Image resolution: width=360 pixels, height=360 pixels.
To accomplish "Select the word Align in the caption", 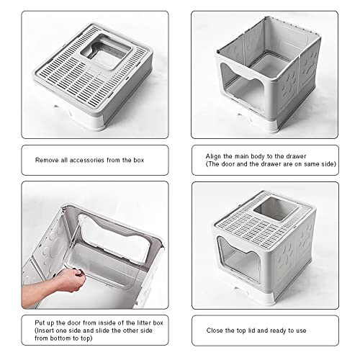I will [215, 156].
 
